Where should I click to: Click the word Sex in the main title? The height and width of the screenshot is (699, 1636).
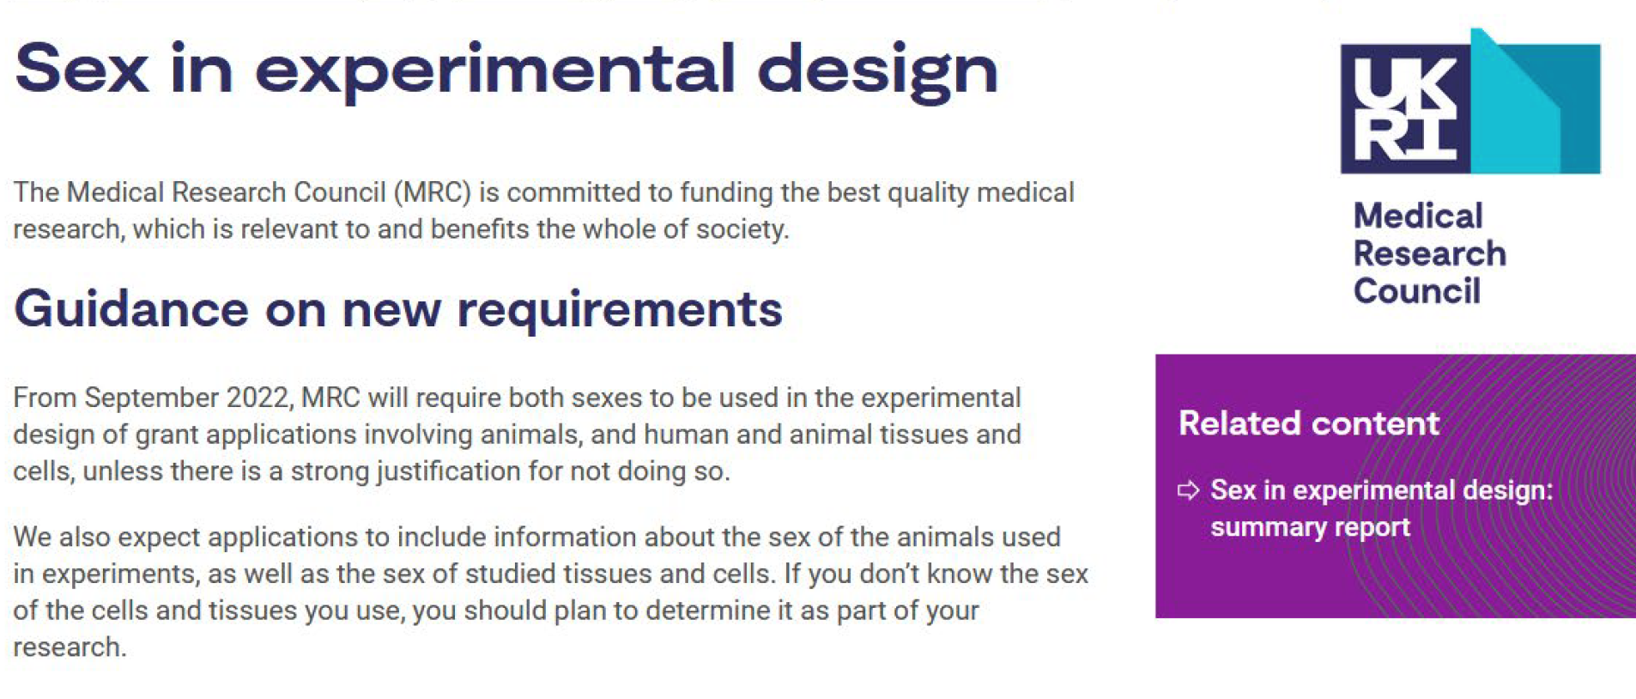click(x=82, y=69)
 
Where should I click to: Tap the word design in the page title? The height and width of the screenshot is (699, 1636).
click(x=877, y=72)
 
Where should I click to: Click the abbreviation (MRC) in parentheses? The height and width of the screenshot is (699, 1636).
click(x=433, y=192)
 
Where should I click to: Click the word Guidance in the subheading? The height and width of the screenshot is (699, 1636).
click(x=131, y=308)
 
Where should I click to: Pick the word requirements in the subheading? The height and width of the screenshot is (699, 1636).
click(x=620, y=312)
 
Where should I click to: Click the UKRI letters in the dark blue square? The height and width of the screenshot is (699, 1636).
click(x=1404, y=109)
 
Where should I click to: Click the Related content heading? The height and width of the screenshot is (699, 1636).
click(x=1308, y=423)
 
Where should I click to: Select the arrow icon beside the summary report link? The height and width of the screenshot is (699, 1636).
click(x=1188, y=490)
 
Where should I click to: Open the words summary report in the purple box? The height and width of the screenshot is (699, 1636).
click(x=1310, y=527)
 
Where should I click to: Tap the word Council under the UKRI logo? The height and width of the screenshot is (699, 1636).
click(x=1417, y=291)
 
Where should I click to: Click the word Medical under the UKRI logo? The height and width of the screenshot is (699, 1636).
click(x=1418, y=216)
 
